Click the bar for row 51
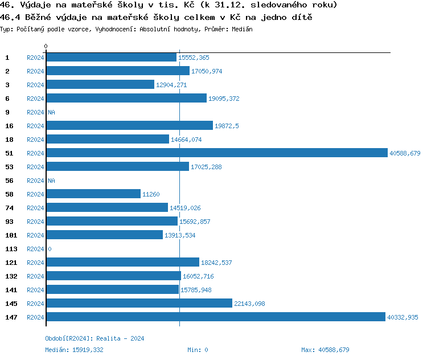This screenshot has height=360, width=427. pyautogui.click(x=216, y=153)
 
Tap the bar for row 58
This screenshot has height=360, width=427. pyautogui.click(x=93, y=194)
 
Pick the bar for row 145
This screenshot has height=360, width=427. pyautogui.click(x=139, y=303)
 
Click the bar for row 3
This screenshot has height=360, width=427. pyautogui.click(x=100, y=84)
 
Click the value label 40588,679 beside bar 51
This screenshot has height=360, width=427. pyautogui.click(x=404, y=153)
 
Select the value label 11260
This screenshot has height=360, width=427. pyautogui.click(x=151, y=194)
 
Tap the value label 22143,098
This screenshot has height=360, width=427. pyautogui.click(x=249, y=304)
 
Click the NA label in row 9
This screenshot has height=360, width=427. pyautogui.click(x=51, y=112)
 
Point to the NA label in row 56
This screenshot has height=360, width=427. pyautogui.click(x=51, y=181)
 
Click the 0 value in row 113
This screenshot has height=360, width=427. pyautogui.click(x=50, y=249)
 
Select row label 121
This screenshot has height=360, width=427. pyautogui.click(x=11, y=262)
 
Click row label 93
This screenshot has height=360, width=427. pyautogui.click(x=9, y=221)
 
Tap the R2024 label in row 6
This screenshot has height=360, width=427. pyautogui.click(x=35, y=99)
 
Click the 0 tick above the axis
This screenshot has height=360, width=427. pyautogui.click(x=46, y=46)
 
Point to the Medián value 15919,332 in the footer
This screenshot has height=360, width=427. pyautogui.click(x=88, y=350)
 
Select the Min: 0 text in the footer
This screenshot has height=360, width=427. pyautogui.click(x=198, y=350)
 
